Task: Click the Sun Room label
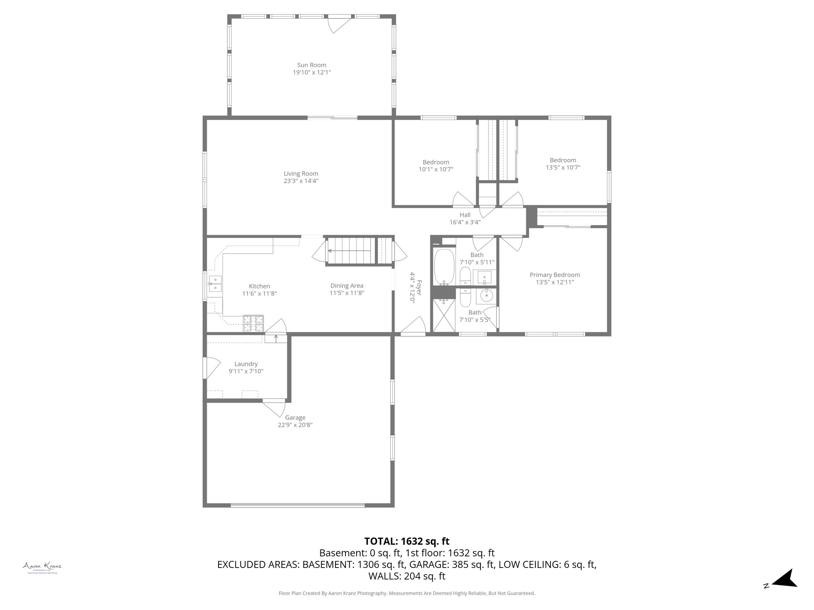pyautogui.click(x=312, y=65)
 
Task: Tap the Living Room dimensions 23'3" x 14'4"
pyautogui.click(x=301, y=181)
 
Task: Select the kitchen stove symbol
pyautogui.click(x=254, y=323)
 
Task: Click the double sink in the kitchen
pyautogui.click(x=215, y=284)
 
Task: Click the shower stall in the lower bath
pyautogui.click(x=444, y=315)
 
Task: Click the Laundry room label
pyautogui.click(x=246, y=364)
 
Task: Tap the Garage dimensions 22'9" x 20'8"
pyautogui.click(x=295, y=425)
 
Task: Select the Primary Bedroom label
pyautogui.click(x=554, y=275)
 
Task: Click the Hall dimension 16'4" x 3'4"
pyautogui.click(x=465, y=222)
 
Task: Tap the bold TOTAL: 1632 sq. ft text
pyautogui.click(x=407, y=541)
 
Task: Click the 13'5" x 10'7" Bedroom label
pyautogui.click(x=563, y=160)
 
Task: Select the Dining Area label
pyautogui.click(x=347, y=286)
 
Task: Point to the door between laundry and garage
pyautogui.click(x=274, y=407)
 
